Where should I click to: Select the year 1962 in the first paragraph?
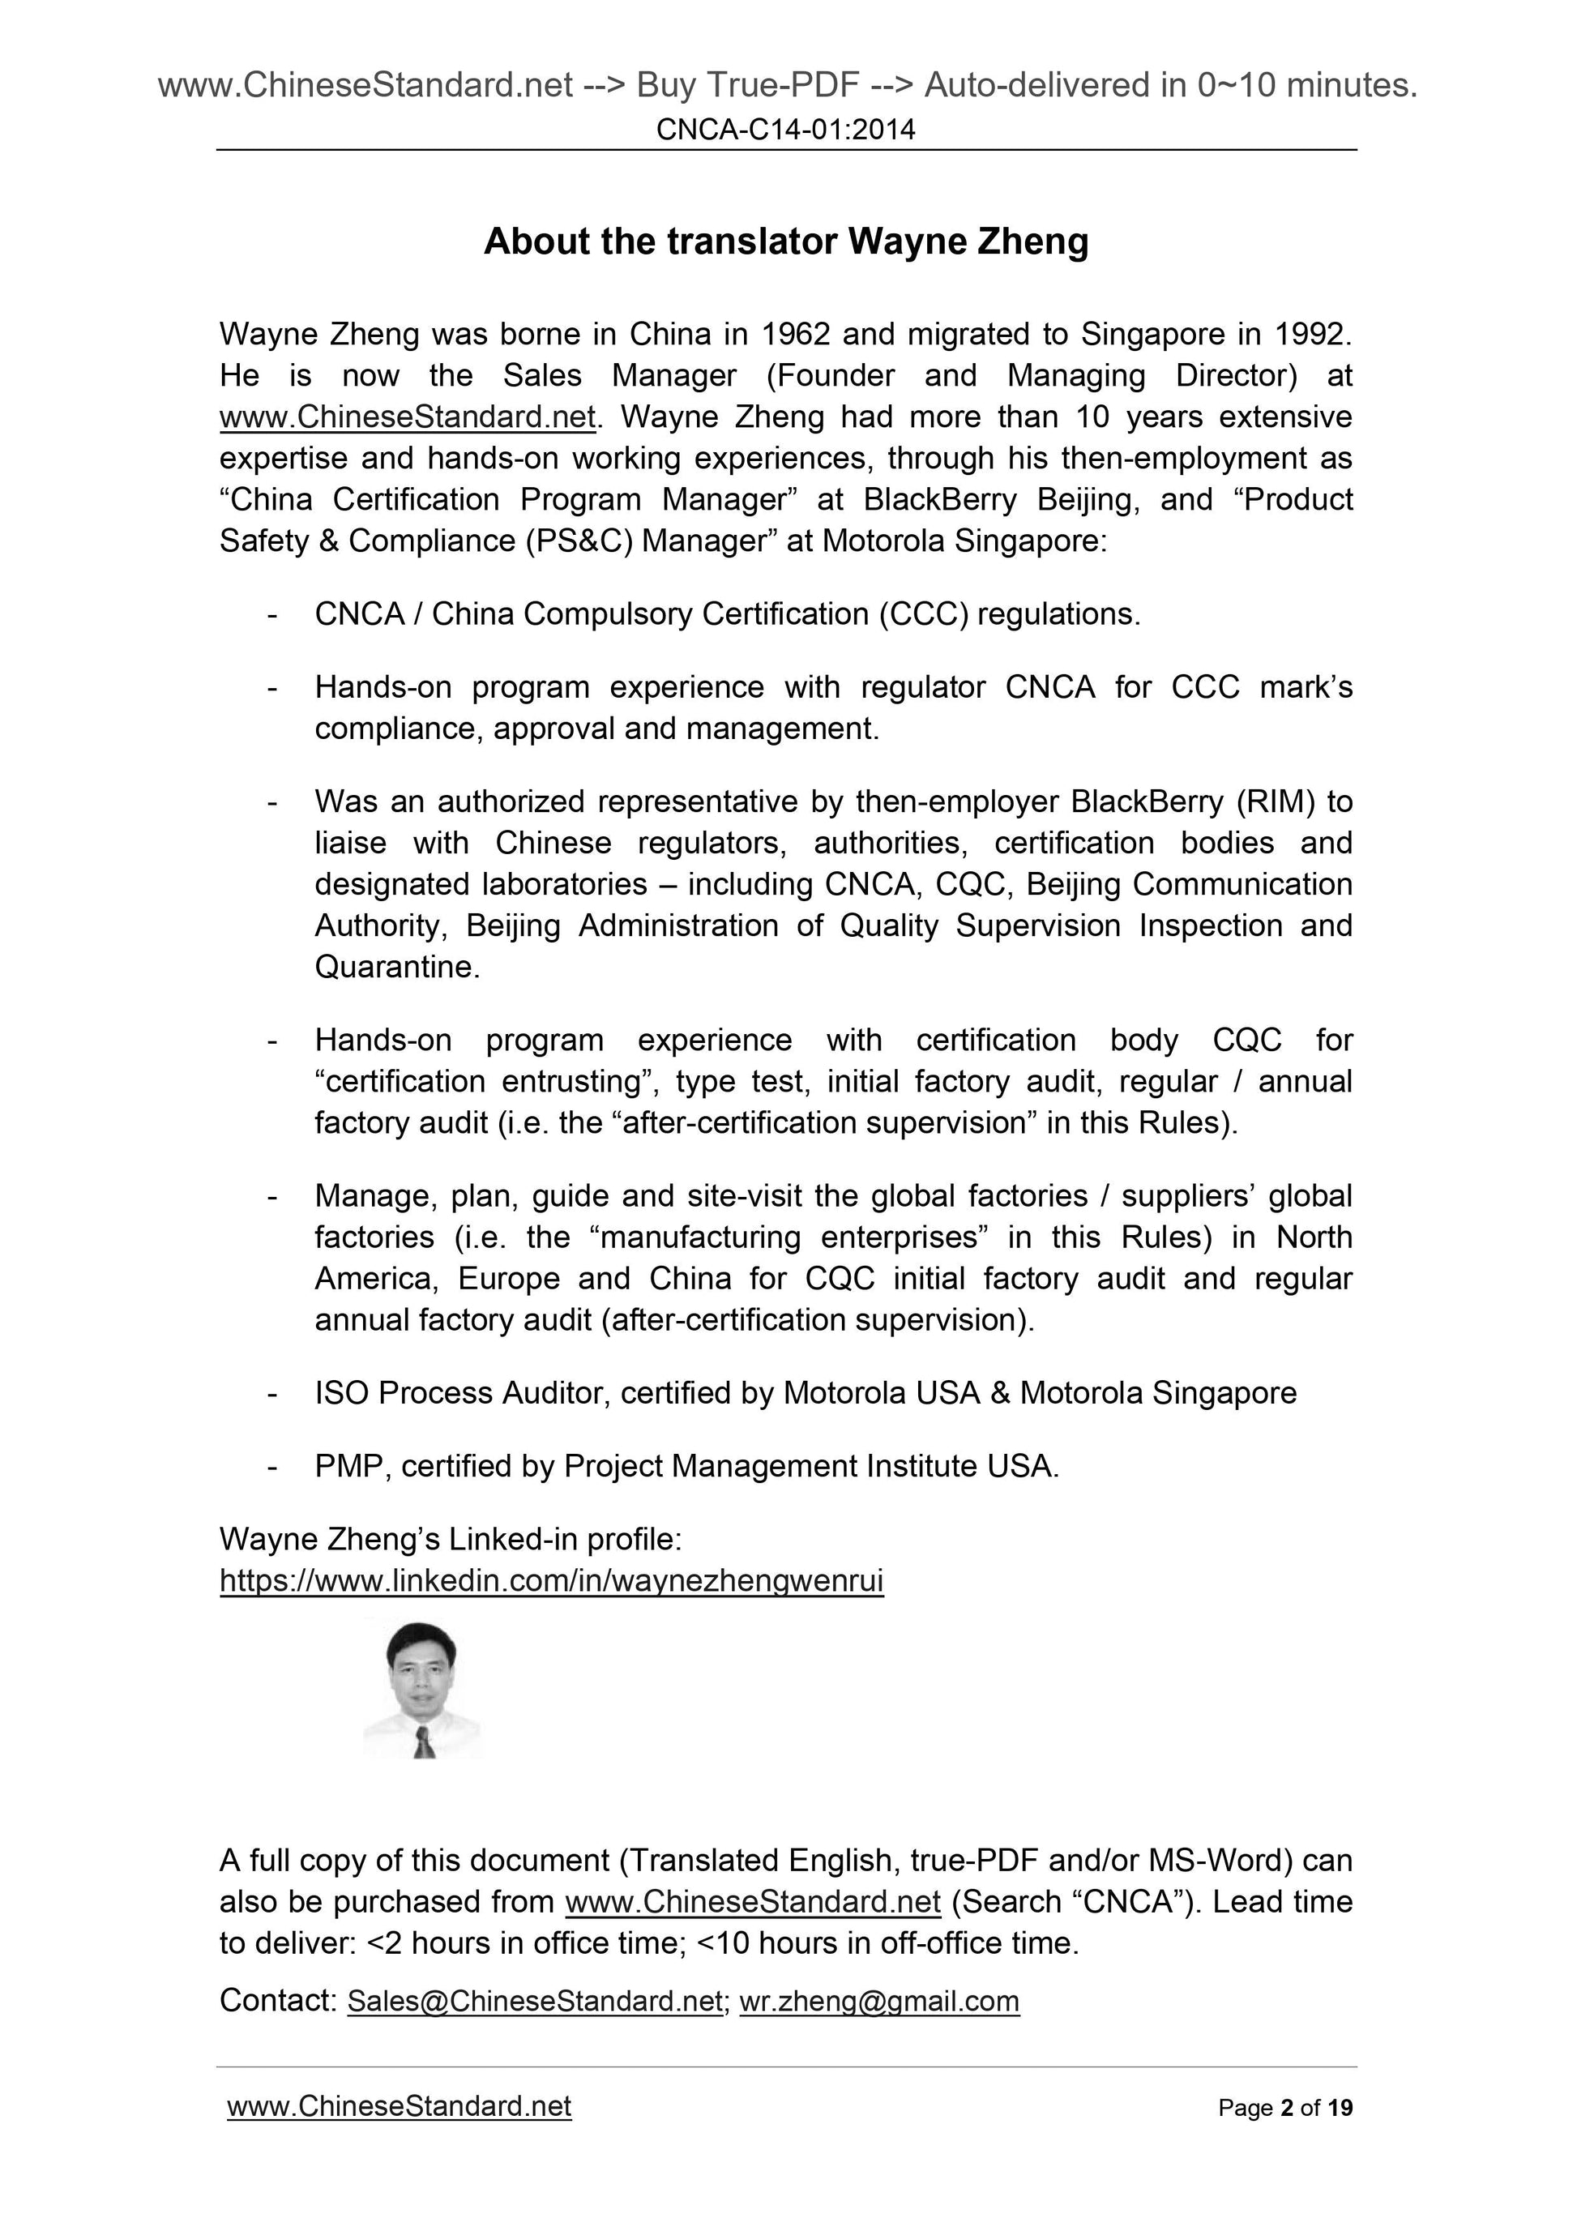click(795, 334)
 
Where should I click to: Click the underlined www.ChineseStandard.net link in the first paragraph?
click(407, 417)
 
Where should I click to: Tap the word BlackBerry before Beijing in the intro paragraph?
click(939, 499)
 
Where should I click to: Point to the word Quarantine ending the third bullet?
click(395, 967)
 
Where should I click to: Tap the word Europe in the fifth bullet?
click(508, 1278)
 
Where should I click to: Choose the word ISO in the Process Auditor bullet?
click(341, 1392)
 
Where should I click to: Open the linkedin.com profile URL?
click(551, 1581)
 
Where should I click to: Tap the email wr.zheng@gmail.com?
click(879, 2001)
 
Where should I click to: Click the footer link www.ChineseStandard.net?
click(399, 2105)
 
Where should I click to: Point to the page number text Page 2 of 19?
click(1284, 2108)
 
